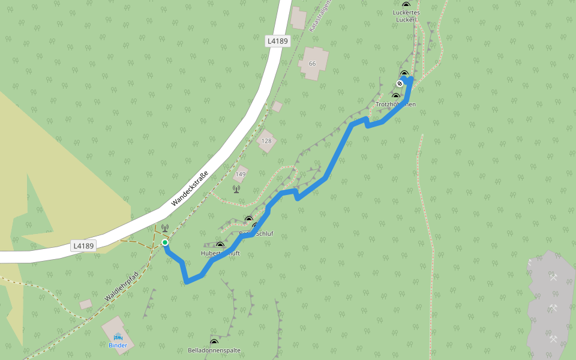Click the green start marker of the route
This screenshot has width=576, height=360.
pyautogui.click(x=165, y=242)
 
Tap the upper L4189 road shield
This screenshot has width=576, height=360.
pyautogui.click(x=278, y=41)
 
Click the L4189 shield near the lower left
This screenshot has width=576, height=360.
pyautogui.click(x=83, y=245)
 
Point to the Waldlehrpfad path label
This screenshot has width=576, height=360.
pyautogui.click(x=121, y=286)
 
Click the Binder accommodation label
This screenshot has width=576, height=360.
pyautogui.click(x=118, y=345)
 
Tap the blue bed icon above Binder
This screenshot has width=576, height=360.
pyautogui.click(x=118, y=337)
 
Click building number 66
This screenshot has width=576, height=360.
pyautogui.click(x=312, y=64)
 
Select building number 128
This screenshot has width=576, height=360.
pyautogui.click(x=266, y=141)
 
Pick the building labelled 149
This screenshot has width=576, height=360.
pyautogui.click(x=241, y=174)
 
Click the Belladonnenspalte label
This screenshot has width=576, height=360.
pyautogui.click(x=214, y=350)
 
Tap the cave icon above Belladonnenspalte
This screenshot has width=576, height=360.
pyautogui.click(x=214, y=342)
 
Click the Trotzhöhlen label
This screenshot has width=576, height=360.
pyautogui.click(x=395, y=104)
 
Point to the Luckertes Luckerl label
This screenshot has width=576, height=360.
pyautogui.click(x=406, y=16)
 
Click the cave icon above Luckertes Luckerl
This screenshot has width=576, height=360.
pyautogui.click(x=406, y=5)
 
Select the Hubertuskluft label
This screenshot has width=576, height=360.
pyautogui.click(x=220, y=253)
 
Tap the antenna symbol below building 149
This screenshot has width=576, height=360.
pyautogui.click(x=236, y=189)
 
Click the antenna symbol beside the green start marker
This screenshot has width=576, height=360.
pyautogui.click(x=164, y=229)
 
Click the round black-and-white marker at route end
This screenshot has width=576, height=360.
pyautogui.click(x=400, y=83)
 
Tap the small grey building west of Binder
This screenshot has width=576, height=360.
pyautogui.click(x=86, y=304)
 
